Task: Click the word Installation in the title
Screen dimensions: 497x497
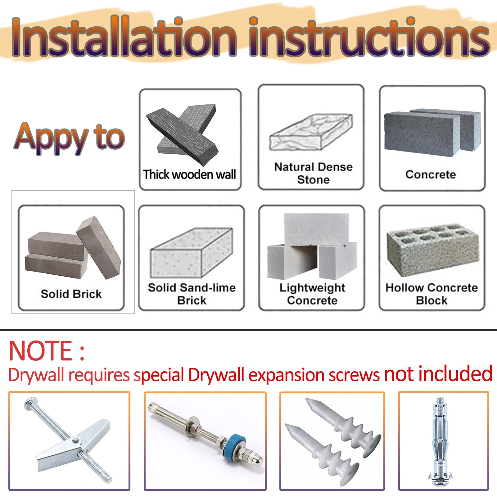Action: click(124, 37)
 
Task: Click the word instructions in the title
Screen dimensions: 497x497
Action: click(369, 37)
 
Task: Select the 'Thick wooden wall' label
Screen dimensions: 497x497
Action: click(189, 174)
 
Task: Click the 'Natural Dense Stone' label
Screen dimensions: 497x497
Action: click(313, 173)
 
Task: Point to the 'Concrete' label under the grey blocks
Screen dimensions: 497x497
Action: click(431, 174)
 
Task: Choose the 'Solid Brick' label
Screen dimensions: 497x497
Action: click(71, 294)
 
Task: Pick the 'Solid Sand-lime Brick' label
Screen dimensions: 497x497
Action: click(192, 294)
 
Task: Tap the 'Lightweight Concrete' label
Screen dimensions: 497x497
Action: click(312, 294)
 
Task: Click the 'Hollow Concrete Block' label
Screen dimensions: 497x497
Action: click(431, 294)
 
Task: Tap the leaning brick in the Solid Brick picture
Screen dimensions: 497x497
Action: click(99, 247)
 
